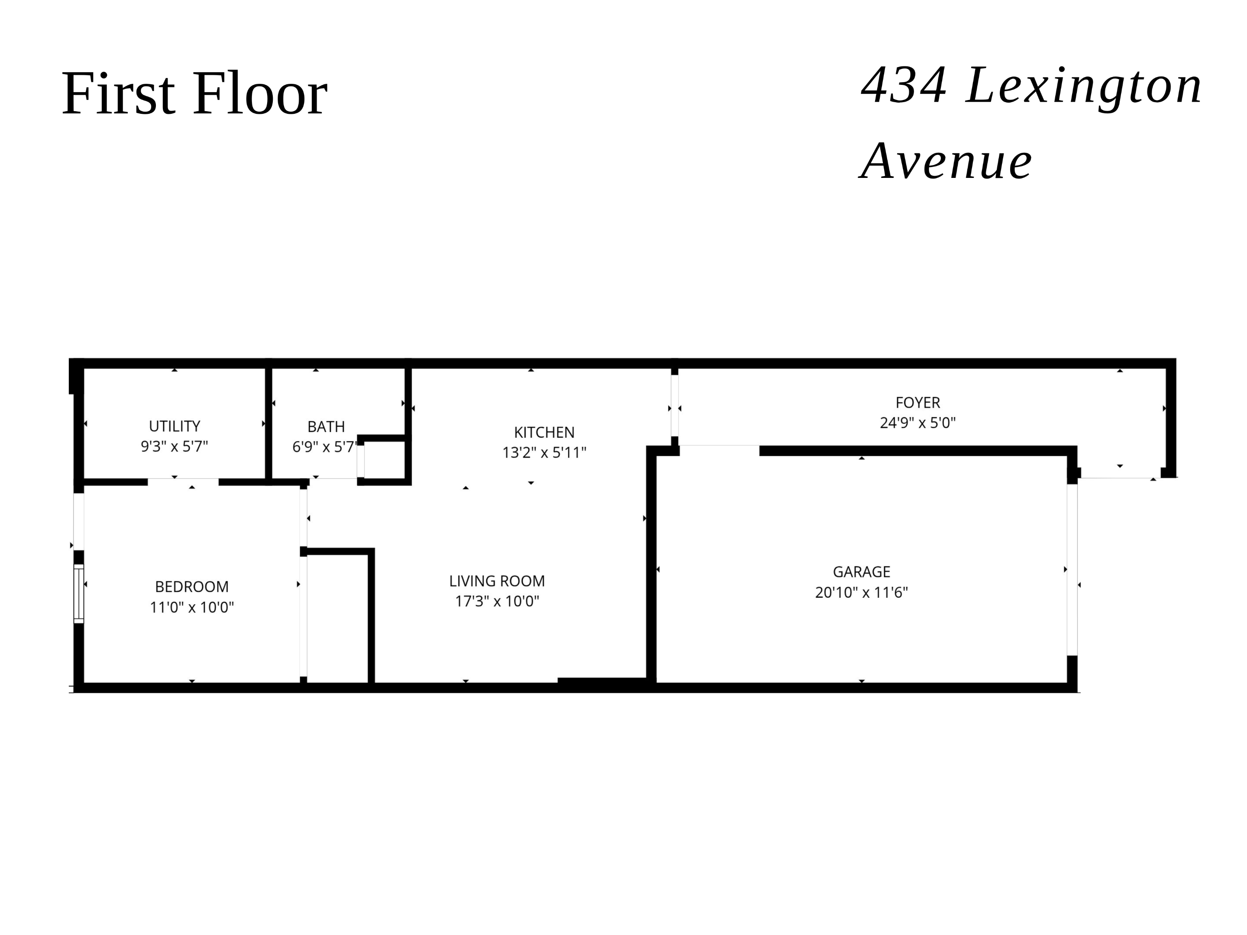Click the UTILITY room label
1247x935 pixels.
coord(174,426)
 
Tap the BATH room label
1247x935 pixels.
coord(326,427)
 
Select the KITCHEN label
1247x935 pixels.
coord(544,432)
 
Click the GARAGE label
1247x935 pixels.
coord(861,571)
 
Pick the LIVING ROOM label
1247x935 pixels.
coord(497,580)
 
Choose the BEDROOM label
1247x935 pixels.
coord(192,587)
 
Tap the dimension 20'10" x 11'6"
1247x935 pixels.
coord(861,592)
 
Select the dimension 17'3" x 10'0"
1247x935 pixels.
coord(497,601)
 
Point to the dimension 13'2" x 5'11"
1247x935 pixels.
coord(544,452)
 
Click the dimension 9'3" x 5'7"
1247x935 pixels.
coord(174,446)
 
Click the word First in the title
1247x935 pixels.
coord(118,93)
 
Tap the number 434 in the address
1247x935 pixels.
coord(904,86)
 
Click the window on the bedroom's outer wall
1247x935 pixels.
coord(79,594)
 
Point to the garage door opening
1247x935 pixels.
coord(1072,570)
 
